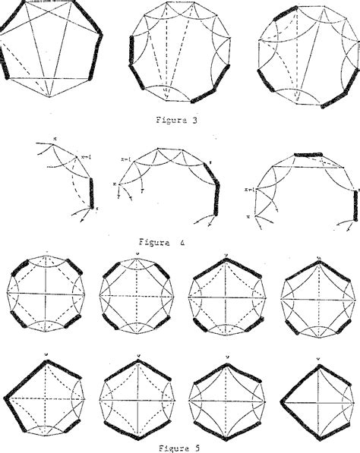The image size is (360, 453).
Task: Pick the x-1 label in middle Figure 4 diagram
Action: click(x=126, y=159)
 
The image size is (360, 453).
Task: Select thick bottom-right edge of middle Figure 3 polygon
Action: click(x=205, y=93)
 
